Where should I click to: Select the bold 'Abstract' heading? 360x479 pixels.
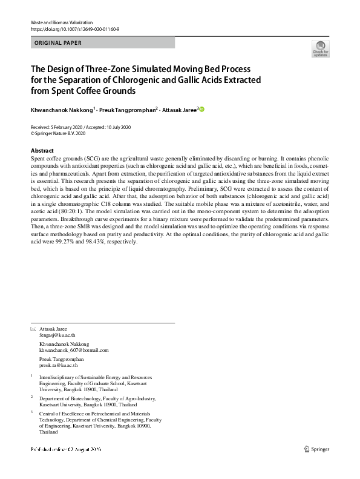(x=42, y=151)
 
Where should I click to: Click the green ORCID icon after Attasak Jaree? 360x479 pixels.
(x=202, y=110)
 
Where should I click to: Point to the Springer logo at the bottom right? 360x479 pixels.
(x=319, y=449)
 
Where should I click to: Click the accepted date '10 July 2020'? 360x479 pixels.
(x=120, y=127)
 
